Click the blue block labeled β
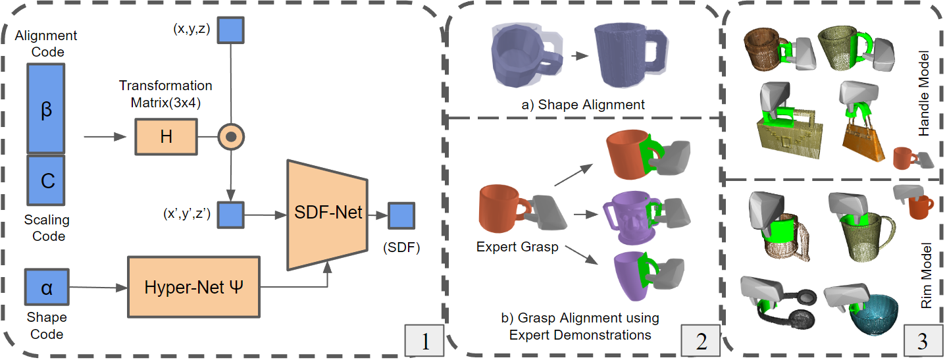(45, 109)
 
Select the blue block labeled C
(45, 180)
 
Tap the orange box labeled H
(166, 137)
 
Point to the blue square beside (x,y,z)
(231, 30)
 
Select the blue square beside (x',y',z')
(231, 215)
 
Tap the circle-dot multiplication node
(231, 137)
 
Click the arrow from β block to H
(106, 137)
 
